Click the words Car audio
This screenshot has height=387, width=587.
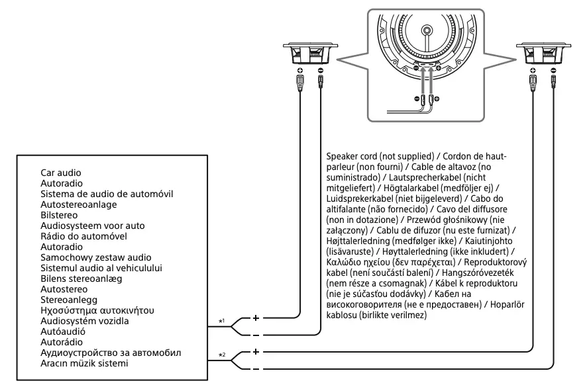pyautogui.click(x=60, y=171)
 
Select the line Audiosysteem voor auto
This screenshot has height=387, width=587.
pyautogui.click(x=92, y=226)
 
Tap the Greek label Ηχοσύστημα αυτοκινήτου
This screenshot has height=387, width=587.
pyautogui.click(x=97, y=310)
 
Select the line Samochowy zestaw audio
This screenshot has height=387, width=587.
pyautogui.click(x=95, y=257)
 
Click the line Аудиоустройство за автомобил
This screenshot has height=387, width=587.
pyautogui.click(x=110, y=353)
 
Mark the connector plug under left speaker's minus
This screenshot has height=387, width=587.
pyautogui.click(x=321, y=84)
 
